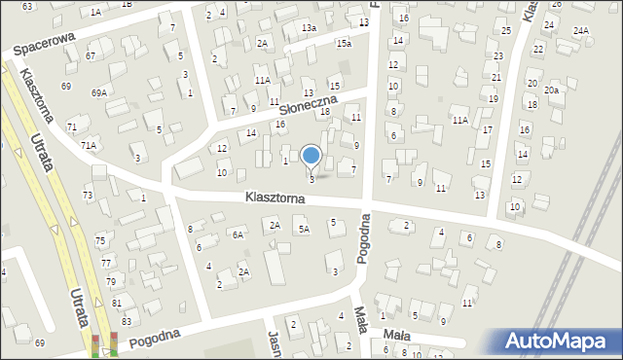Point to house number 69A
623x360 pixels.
click(x=99, y=92)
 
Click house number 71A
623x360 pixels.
click(x=89, y=145)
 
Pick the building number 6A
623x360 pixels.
click(x=238, y=234)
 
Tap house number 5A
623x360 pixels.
click(x=304, y=229)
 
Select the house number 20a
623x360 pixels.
click(x=552, y=90)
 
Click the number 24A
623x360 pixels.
click(x=581, y=31)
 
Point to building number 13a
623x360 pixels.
click(x=309, y=28)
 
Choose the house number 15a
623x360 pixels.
click(x=344, y=43)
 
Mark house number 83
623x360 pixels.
click(x=126, y=321)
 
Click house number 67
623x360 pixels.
click(x=91, y=55)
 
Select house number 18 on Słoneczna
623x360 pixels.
click(x=325, y=112)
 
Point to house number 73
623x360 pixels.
click(x=88, y=196)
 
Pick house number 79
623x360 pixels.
click(x=110, y=281)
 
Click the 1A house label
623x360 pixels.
click(x=95, y=12)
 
